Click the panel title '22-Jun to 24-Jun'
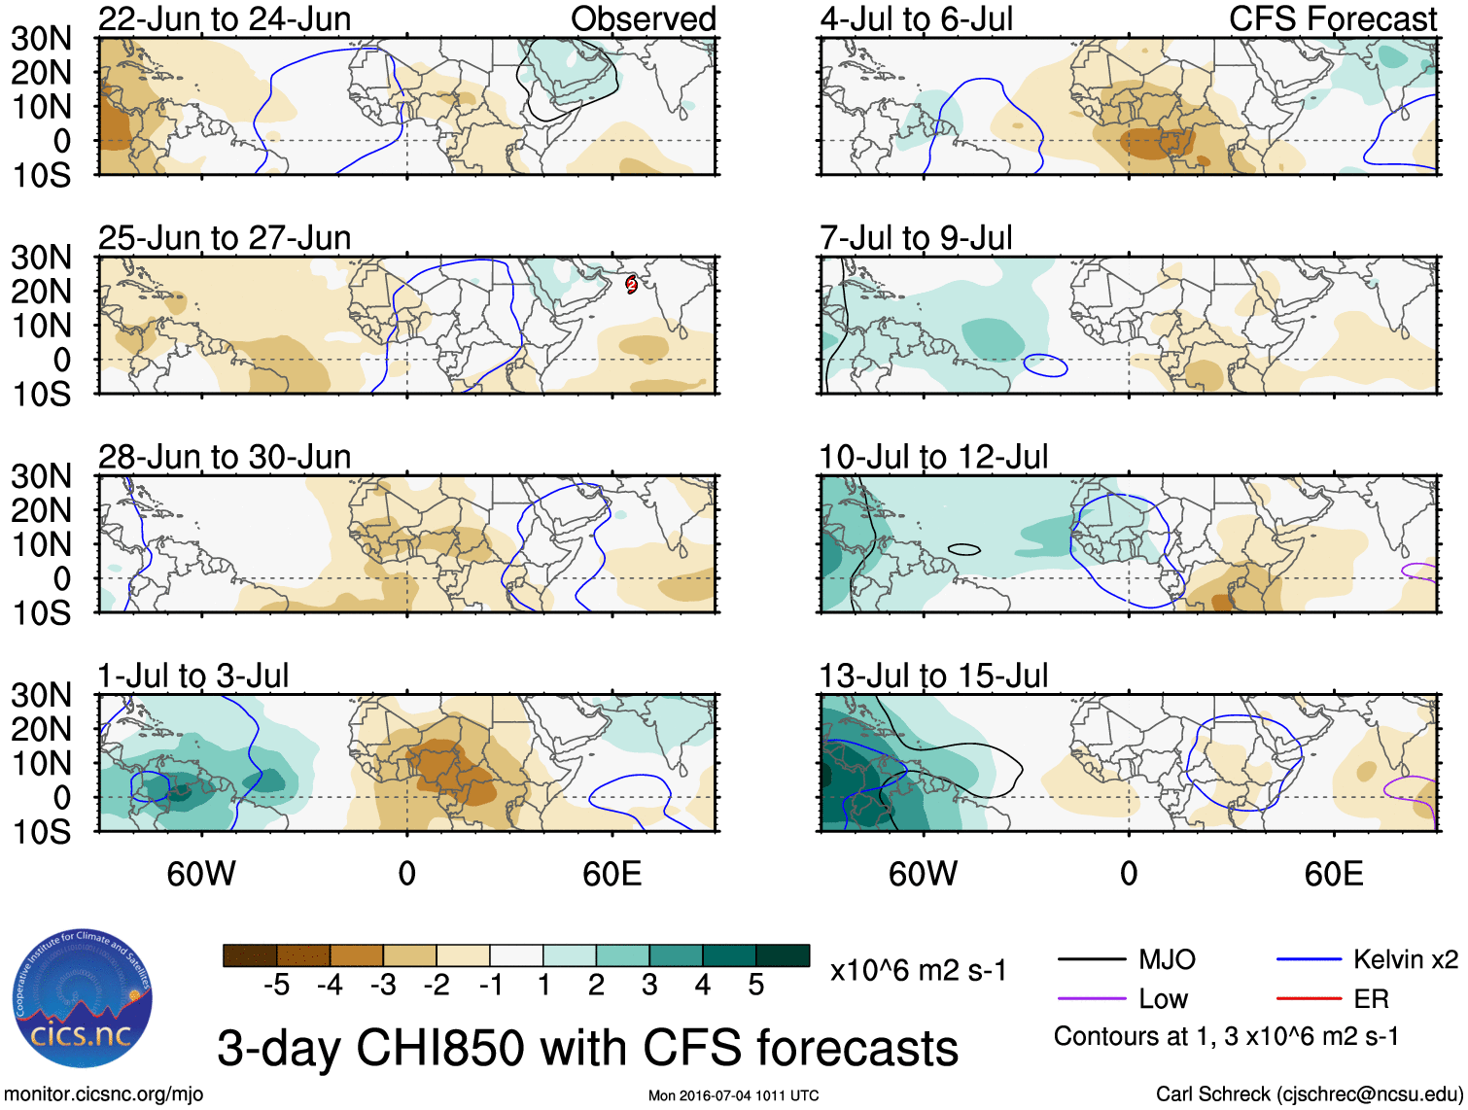(x=225, y=18)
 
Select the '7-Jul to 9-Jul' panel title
(x=916, y=237)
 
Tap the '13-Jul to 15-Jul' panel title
(x=933, y=675)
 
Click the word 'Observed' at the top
(x=643, y=18)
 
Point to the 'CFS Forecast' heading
(x=1332, y=18)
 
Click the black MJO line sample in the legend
(x=1092, y=960)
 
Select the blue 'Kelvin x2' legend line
(x=1309, y=960)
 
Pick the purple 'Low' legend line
(x=1092, y=999)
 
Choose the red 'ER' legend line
(x=1309, y=999)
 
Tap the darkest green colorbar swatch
(x=783, y=955)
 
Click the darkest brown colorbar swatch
(x=250, y=955)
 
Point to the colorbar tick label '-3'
(x=383, y=986)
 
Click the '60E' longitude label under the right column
(x=1333, y=874)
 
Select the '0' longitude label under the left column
(x=406, y=874)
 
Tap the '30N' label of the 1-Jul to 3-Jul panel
(x=41, y=695)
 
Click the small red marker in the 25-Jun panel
(x=631, y=284)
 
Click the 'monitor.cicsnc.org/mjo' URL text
(x=104, y=1094)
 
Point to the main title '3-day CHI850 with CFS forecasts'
(x=587, y=1048)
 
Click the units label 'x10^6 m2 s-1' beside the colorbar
(x=918, y=970)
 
